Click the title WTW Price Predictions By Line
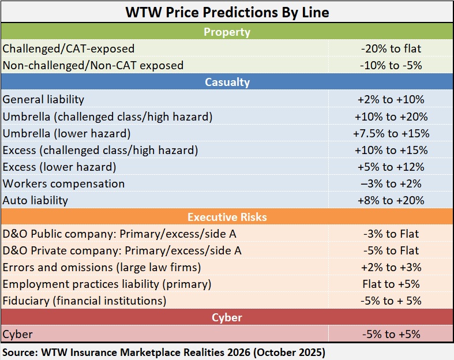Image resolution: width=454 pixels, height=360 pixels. click(226, 12)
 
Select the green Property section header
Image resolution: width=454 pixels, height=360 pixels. click(226, 32)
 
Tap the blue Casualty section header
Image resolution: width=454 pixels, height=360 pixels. click(226, 82)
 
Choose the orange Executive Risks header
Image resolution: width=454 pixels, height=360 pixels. click(226, 217)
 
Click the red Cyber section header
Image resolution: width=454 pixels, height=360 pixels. click(226, 317)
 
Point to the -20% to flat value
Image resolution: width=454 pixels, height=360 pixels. click(391, 48)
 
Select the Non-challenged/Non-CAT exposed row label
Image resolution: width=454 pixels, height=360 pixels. click(93, 65)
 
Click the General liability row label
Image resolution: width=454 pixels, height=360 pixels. click(43, 99)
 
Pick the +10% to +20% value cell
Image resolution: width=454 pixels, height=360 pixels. click(391, 117)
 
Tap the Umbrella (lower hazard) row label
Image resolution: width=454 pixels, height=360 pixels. click(66, 133)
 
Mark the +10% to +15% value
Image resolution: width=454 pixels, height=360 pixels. click(391, 150)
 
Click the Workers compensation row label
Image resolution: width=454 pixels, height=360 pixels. click(63, 183)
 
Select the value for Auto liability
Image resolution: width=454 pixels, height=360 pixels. click(391, 200)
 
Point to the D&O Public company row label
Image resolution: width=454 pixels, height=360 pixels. click(119, 234)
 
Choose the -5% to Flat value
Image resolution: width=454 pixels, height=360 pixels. click(391, 250)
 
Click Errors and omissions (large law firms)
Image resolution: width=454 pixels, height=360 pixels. click(102, 267)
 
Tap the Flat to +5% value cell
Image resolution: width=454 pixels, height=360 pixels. click(391, 284)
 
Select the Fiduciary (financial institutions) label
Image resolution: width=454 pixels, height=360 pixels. click(84, 301)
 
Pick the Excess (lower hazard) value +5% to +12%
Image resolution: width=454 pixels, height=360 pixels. click(391, 167)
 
